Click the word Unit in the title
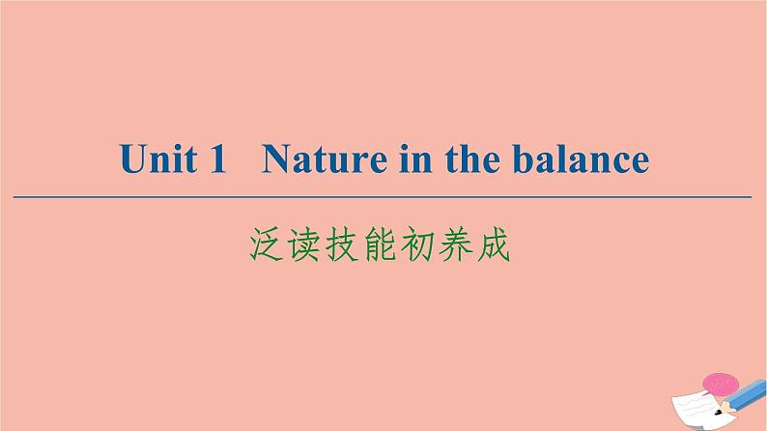tap(158, 158)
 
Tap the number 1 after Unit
tap(217, 158)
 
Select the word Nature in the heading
tap(325, 158)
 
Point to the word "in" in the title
tap(415, 158)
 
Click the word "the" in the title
tap(472, 158)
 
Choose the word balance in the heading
tap(581, 158)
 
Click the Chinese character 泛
tap(266, 244)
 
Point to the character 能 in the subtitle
tap(380, 244)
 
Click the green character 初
tap(417, 244)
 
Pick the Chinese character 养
tap(455, 244)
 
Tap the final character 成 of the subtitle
tap(493, 244)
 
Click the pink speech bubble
tap(719, 385)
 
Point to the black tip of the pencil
tap(718, 412)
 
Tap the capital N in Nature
tap(277, 158)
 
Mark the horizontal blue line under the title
tap(382, 197)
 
